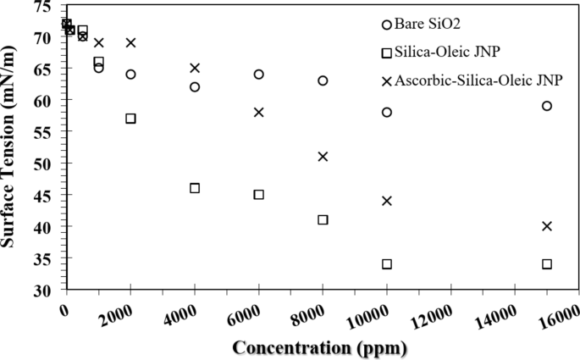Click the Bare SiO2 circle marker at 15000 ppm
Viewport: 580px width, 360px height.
click(547, 106)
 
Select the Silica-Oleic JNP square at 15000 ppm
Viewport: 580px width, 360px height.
click(547, 264)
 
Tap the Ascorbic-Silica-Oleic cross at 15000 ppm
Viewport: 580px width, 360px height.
click(547, 226)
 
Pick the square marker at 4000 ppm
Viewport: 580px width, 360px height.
click(195, 188)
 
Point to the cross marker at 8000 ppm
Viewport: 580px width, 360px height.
click(323, 157)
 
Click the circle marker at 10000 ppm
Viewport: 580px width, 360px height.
click(387, 112)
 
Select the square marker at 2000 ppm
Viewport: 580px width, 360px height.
click(130, 119)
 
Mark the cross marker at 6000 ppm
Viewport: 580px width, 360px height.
click(259, 112)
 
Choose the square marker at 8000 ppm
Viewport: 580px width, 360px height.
click(323, 219)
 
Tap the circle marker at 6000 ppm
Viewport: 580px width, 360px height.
click(259, 75)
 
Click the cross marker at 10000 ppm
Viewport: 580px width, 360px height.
click(387, 201)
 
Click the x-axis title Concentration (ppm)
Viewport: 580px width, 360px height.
click(319, 347)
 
